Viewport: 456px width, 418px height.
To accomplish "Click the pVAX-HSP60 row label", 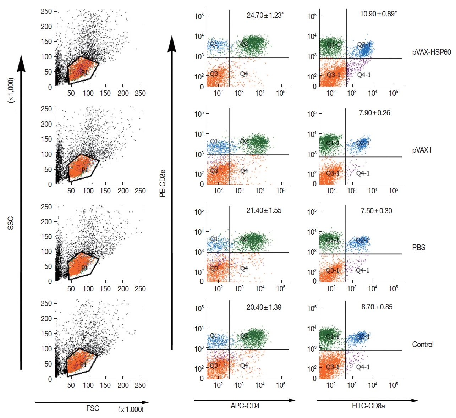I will click(x=431, y=53).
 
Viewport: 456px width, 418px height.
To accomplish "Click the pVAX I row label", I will click(x=422, y=150).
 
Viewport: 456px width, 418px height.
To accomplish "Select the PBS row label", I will click(x=418, y=248).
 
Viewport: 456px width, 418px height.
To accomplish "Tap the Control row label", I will click(x=423, y=345).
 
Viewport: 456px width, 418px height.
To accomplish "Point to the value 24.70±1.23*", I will click(x=265, y=15).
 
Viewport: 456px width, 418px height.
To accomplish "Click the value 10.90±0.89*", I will click(x=378, y=14).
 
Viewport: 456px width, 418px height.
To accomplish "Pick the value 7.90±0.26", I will click(x=374, y=113).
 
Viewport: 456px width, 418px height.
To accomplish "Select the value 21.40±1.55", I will click(x=264, y=210).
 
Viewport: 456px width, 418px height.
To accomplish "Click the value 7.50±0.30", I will click(x=376, y=211).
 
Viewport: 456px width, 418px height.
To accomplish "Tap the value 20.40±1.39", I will click(x=264, y=307).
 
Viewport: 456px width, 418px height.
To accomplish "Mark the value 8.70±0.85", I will click(x=377, y=307).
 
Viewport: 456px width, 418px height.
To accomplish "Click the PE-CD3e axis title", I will click(x=163, y=183).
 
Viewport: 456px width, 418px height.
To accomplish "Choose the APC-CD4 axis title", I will click(x=245, y=406).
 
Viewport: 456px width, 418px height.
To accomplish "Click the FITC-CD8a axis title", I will click(x=368, y=406).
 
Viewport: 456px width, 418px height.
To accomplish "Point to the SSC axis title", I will click(x=11, y=223).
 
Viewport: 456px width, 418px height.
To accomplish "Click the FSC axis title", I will click(x=93, y=408).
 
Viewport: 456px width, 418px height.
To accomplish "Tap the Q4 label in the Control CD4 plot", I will click(x=244, y=365).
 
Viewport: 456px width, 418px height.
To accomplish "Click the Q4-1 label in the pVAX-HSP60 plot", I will click(x=364, y=75).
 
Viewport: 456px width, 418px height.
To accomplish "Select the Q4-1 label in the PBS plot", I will click(x=362, y=270).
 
